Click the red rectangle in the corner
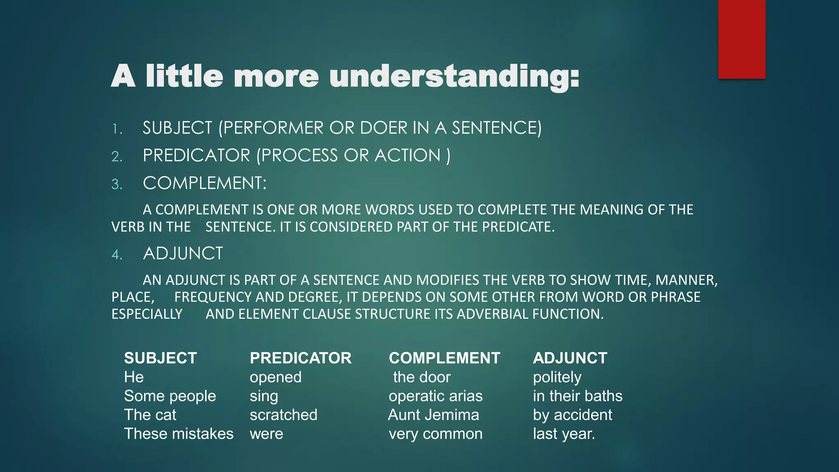tap(741, 39)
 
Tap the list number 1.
tap(117, 129)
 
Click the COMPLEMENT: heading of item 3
tap(204, 183)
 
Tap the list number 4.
tap(117, 255)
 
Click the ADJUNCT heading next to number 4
tap(183, 254)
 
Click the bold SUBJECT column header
tap(160, 358)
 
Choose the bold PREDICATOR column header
tap(300, 358)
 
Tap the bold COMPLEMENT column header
tap(444, 358)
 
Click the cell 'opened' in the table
tap(275, 377)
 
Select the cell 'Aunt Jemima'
tap(433, 415)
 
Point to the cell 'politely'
tap(557, 377)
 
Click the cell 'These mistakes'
tap(179, 434)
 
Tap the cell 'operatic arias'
tap(435, 396)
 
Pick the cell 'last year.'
tap(564, 434)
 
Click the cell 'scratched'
tap(283, 415)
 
